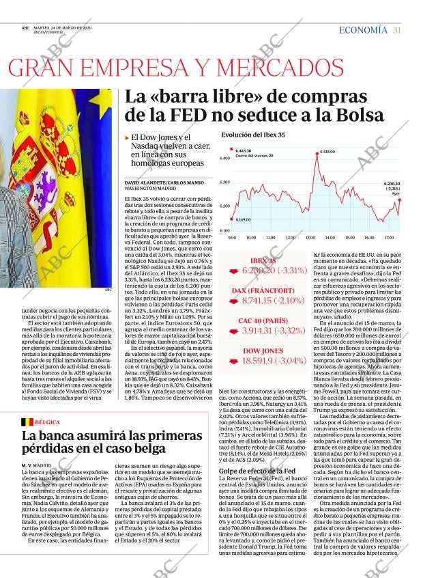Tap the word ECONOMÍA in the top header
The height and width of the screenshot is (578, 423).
click(x=363, y=30)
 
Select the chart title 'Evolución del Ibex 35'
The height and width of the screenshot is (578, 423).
click(x=253, y=135)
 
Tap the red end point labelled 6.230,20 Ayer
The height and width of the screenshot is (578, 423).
click(x=400, y=199)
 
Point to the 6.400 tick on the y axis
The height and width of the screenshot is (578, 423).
click(x=224, y=159)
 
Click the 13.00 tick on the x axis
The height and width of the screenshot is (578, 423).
click(x=310, y=237)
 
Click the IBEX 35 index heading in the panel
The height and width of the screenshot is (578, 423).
click(x=263, y=261)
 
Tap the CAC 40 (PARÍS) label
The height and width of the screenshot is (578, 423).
click(x=263, y=320)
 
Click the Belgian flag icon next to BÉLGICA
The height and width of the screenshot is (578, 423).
click(x=28, y=423)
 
